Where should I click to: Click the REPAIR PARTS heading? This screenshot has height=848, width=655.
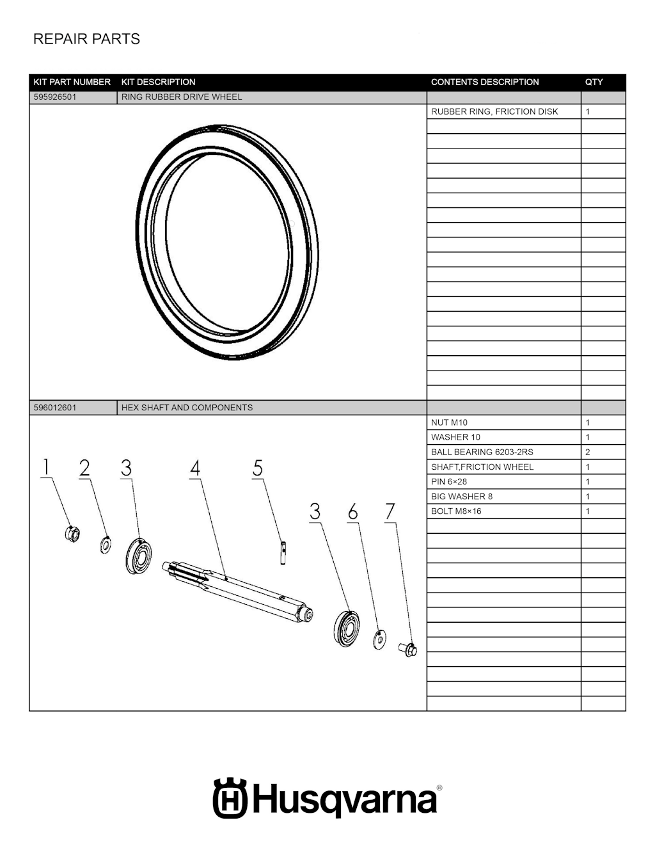pyautogui.click(x=86, y=39)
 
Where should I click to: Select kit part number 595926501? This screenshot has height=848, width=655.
pyautogui.click(x=55, y=97)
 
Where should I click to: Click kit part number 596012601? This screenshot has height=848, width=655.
pyautogui.click(x=55, y=408)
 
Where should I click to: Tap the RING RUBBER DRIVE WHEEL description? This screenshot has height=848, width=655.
pyautogui.click(x=182, y=97)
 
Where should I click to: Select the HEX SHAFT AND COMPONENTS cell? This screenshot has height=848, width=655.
pyautogui.click(x=187, y=408)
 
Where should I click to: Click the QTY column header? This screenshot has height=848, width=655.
pyautogui.click(x=594, y=82)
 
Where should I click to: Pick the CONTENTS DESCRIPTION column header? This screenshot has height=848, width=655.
pyautogui.click(x=485, y=82)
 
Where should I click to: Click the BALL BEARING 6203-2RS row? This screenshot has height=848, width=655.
pyautogui.click(x=482, y=452)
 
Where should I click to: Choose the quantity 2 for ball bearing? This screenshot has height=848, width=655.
pyautogui.click(x=588, y=452)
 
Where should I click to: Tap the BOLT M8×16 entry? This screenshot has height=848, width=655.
pyautogui.click(x=456, y=511)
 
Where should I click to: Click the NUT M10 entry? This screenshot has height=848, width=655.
pyautogui.click(x=449, y=422)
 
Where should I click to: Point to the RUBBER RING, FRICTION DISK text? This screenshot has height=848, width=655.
pyautogui.click(x=494, y=111)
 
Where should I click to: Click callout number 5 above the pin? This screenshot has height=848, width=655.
pyautogui.click(x=258, y=468)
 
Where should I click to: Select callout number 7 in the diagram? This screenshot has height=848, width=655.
pyautogui.click(x=390, y=512)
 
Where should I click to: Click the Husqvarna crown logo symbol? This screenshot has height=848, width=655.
pyautogui.click(x=230, y=798)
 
